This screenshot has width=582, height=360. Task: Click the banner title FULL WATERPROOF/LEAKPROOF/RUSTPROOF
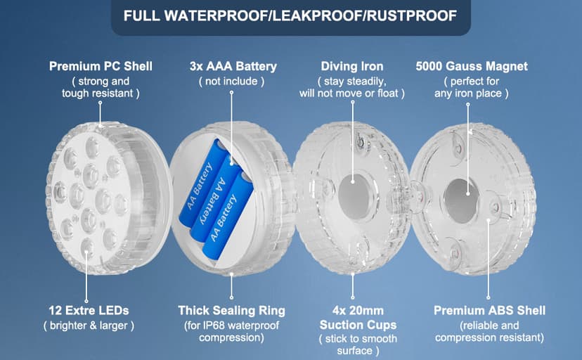(290, 15)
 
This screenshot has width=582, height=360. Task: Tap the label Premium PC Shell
(101, 66)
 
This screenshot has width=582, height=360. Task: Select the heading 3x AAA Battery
(233, 66)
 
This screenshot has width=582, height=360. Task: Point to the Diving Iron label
(352, 66)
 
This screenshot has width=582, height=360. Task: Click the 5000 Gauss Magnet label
(472, 66)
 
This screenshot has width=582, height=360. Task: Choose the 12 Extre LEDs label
(89, 310)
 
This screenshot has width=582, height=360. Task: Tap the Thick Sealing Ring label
(232, 310)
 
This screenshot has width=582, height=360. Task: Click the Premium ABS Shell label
(490, 310)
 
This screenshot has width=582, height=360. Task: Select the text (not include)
(232, 82)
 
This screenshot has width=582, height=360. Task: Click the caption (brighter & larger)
(89, 326)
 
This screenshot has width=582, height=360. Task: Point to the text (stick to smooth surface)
(358, 345)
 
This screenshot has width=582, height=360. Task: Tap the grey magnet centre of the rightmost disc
(461, 201)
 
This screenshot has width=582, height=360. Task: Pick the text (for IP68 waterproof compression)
(232, 331)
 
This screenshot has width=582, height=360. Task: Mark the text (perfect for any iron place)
(472, 87)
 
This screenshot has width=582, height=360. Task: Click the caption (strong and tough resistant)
(101, 87)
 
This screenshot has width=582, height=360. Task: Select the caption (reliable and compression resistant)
(490, 331)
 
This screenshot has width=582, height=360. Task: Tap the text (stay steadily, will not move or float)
(352, 87)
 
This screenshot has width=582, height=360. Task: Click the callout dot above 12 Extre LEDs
(86, 301)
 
